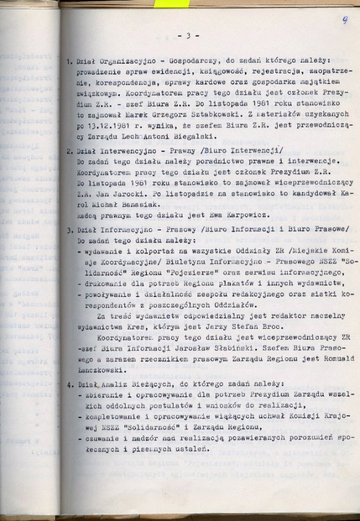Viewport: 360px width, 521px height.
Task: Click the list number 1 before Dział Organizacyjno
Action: coord(69,60)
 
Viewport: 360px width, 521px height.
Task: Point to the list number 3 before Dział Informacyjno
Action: coord(69,229)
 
